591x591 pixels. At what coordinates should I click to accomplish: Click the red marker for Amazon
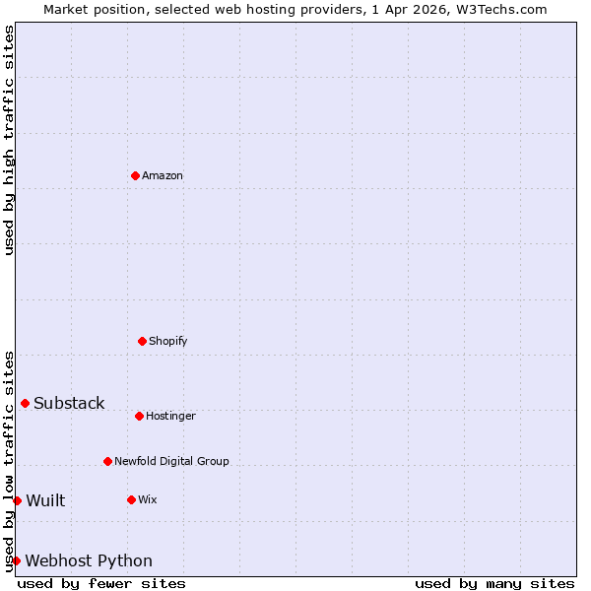(135, 175)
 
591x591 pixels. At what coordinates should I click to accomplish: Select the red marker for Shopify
(142, 341)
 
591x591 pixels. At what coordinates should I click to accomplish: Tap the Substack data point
(25, 403)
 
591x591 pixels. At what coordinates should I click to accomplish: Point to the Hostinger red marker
(139, 416)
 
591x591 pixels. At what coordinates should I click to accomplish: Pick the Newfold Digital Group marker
(107, 461)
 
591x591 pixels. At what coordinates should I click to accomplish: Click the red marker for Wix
(131, 499)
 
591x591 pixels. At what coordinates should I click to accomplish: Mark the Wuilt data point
(17, 500)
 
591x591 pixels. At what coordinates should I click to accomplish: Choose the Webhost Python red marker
(16, 560)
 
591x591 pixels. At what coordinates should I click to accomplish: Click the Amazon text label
(163, 175)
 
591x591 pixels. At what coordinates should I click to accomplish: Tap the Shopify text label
(168, 341)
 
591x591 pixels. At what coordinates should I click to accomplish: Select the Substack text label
(69, 403)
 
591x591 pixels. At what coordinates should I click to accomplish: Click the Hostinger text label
(171, 416)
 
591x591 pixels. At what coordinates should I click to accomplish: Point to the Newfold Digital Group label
(171, 461)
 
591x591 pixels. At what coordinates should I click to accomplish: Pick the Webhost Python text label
(89, 560)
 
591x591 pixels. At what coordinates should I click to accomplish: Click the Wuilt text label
(45, 500)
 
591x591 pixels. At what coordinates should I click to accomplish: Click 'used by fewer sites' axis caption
(101, 583)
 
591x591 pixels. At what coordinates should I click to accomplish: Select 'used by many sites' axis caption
(494, 583)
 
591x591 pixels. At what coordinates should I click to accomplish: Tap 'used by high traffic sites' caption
(9, 140)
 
